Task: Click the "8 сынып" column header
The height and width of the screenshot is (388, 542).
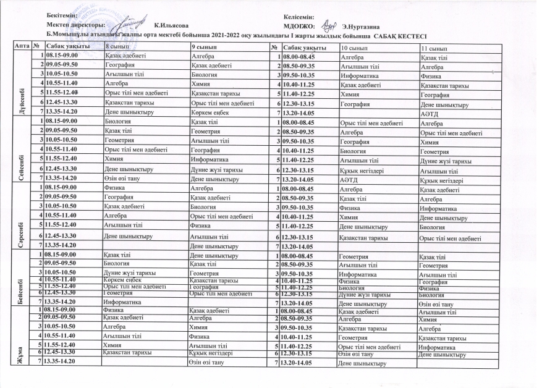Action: coord(117,48)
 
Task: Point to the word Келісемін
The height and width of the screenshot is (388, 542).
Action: coord(299,15)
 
